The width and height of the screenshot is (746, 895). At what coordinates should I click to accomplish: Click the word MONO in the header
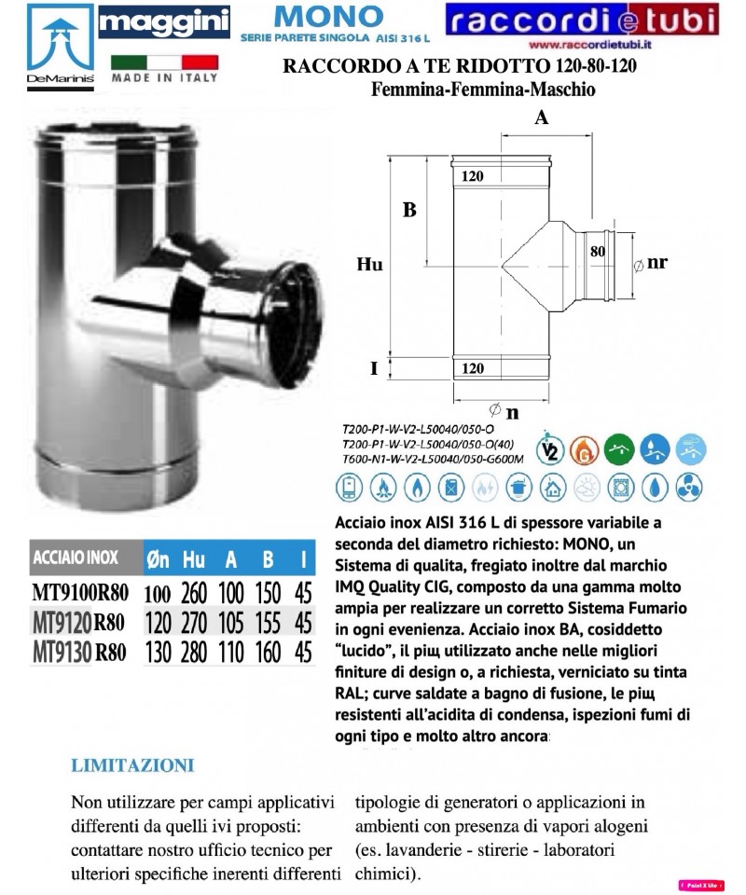click(x=314, y=16)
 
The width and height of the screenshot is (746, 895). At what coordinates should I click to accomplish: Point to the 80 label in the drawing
click(x=597, y=251)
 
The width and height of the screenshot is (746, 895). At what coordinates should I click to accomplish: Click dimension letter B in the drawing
click(x=408, y=211)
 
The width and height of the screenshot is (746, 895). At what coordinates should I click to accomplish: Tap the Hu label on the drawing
click(x=370, y=265)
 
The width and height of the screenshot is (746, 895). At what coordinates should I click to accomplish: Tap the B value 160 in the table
click(x=269, y=652)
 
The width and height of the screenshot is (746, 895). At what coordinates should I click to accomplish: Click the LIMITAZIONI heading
click(x=132, y=766)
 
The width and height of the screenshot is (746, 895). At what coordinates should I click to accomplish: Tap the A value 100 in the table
click(x=231, y=591)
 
